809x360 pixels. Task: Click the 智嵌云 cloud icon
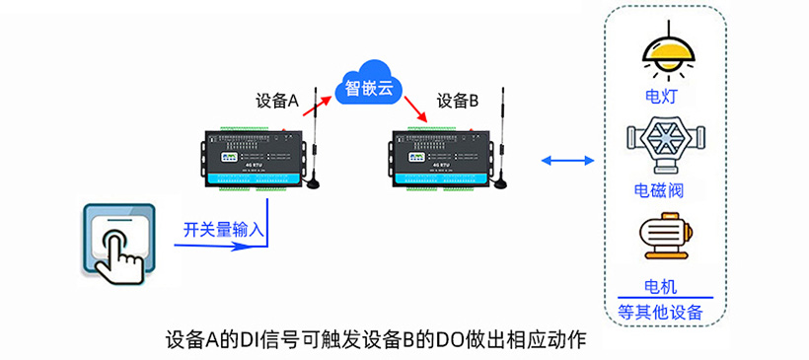(369, 89)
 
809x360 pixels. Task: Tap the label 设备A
(276, 101)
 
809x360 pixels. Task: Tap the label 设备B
(458, 101)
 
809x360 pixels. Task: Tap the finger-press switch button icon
(117, 241)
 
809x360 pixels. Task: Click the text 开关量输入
(224, 230)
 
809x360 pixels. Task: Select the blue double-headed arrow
(567, 160)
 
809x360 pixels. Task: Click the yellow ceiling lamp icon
(663, 54)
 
